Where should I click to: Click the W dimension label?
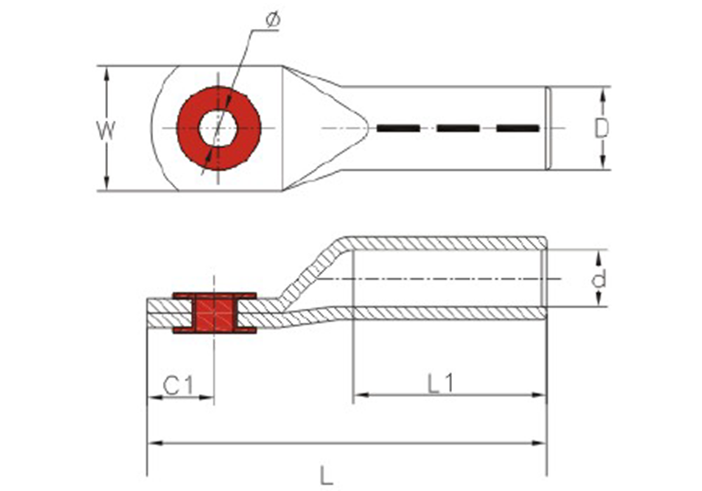[106, 130]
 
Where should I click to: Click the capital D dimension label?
[602, 129]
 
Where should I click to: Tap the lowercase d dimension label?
[599, 278]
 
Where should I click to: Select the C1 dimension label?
[178, 386]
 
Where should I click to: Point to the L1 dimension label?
[441, 383]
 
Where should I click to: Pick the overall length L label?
[327, 475]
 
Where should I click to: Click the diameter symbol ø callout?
[272, 20]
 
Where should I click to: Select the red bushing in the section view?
[214, 313]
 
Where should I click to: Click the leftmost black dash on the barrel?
[398, 128]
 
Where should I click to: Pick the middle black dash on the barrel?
[458, 128]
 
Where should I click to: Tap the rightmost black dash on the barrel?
[517, 128]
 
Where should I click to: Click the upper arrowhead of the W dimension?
[106, 74]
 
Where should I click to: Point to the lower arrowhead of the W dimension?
[106, 183]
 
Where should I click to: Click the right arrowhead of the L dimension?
[538, 443]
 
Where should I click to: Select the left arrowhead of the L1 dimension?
[361, 395]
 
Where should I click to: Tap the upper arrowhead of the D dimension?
[602, 95]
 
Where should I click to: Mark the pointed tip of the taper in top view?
[369, 128]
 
